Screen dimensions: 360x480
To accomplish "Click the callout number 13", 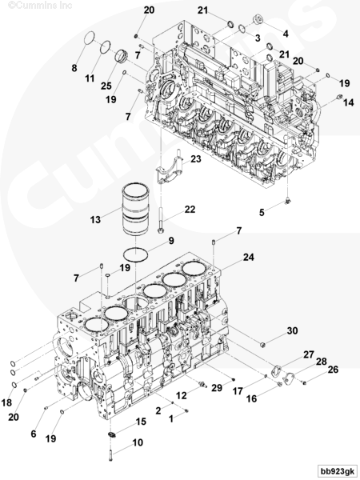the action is tap(95, 219).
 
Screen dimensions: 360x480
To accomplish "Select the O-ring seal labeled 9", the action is tap(136, 254).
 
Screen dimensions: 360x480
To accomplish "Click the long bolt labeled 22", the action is tap(161, 219).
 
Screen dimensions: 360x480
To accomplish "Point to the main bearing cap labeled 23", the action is tap(170, 168).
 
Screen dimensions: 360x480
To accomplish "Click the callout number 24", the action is tap(248, 257).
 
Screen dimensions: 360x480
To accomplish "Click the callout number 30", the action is tap(292, 330).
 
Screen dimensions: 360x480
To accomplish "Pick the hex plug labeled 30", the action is tap(262, 345).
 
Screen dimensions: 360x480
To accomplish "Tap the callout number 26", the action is tap(333, 370).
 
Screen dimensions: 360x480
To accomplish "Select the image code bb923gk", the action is tap(337, 470).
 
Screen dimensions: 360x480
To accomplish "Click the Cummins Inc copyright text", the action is tap(40, 6).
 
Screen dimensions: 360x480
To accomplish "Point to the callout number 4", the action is tap(286, 34).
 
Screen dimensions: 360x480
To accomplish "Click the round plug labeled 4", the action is tap(258, 20).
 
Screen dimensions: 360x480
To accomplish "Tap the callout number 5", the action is tap(262, 212).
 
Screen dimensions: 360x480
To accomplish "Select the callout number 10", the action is tap(138, 442).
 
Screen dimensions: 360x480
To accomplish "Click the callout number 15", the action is tap(141, 422).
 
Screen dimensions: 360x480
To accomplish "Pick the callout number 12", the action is tap(182, 395).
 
